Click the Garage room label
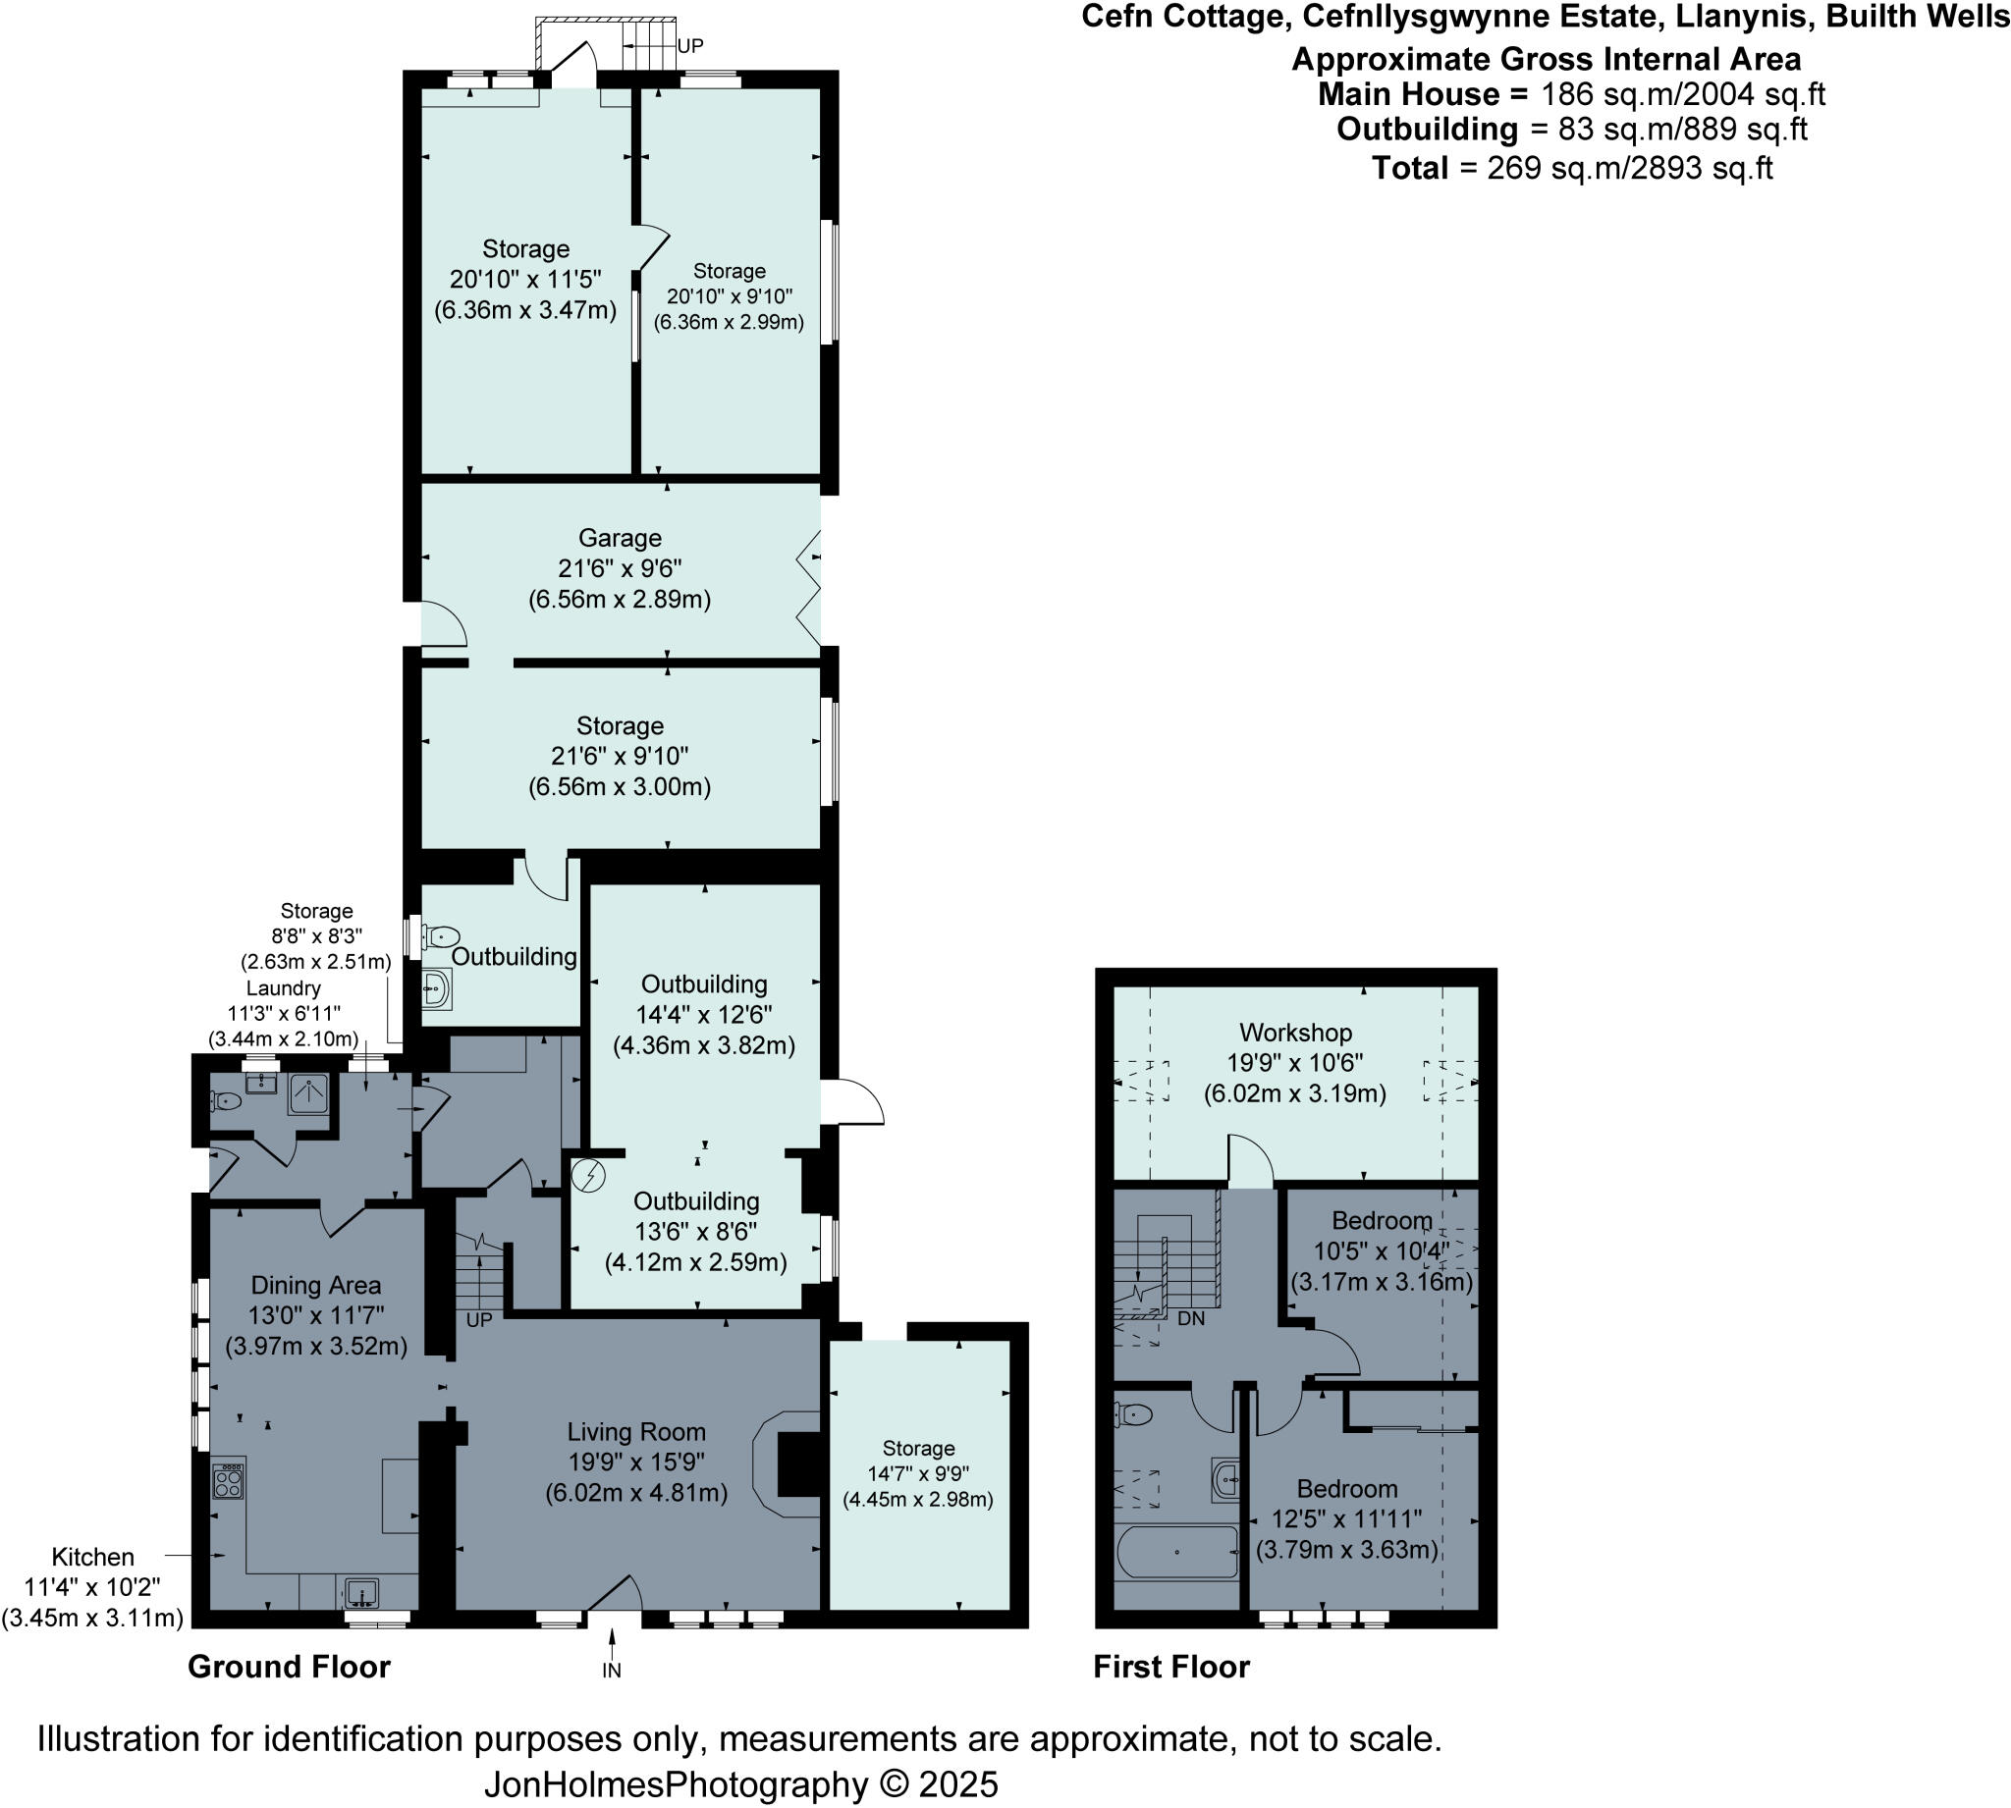pos(619,539)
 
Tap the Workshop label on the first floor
pos(1294,1033)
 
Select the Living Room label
pos(636,1431)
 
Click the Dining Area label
pos(315,1286)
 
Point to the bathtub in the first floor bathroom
pos(1177,1552)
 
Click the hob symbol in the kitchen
pos(229,1481)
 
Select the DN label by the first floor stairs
pos(1190,1319)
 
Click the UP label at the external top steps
pos(689,47)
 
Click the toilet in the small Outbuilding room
pos(441,935)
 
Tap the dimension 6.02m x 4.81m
pos(636,1492)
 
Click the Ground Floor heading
pos(288,1667)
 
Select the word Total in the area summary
pos(1409,168)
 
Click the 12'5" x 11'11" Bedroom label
pos(1346,1489)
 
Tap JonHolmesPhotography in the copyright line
pos(676,1784)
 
